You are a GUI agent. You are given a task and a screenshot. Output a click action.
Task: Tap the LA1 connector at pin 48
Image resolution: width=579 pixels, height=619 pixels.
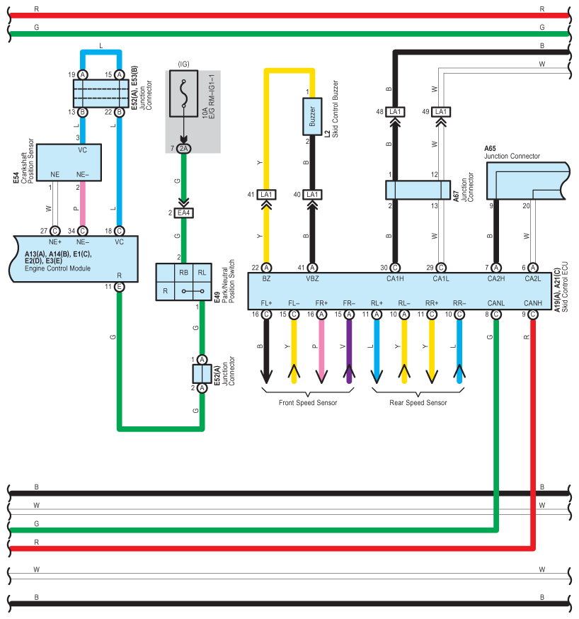pos(396,112)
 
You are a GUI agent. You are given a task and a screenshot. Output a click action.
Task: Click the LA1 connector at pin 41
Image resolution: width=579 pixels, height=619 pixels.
pos(267,194)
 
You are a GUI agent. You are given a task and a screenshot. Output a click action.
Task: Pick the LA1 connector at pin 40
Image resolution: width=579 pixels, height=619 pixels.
pos(311,194)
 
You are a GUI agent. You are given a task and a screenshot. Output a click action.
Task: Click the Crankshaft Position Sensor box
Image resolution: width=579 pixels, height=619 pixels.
pos(69,162)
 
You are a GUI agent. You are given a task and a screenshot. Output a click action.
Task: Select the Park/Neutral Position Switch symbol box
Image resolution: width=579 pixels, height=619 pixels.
pos(183,281)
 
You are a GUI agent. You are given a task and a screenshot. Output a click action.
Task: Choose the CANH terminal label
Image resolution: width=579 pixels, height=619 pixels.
pos(532,303)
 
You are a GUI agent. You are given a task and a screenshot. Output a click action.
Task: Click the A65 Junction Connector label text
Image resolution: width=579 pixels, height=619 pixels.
pos(512,152)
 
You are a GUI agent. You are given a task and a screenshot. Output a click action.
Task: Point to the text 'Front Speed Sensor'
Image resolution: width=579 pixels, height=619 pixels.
pos(308,403)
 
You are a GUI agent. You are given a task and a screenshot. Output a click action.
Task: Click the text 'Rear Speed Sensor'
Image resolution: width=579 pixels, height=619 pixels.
pos(418,403)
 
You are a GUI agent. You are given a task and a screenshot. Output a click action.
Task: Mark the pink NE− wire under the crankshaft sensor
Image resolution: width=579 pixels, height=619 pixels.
pos(83,205)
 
